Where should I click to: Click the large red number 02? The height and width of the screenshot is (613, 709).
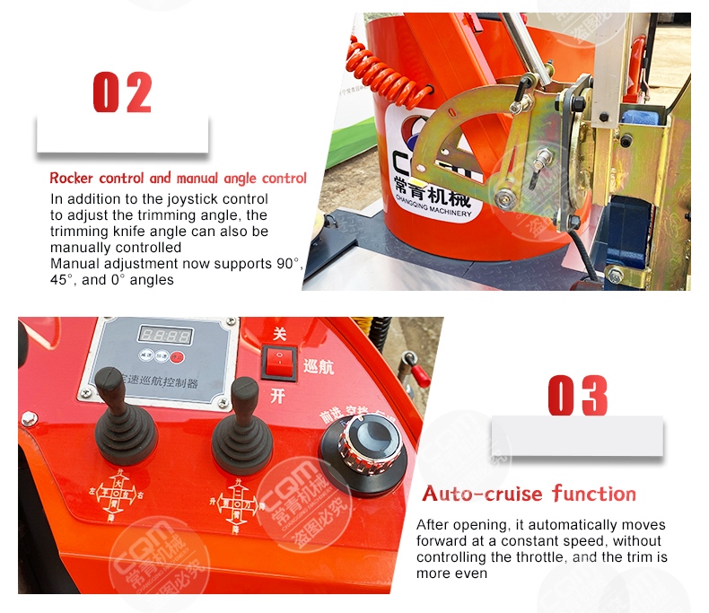coord(122,93)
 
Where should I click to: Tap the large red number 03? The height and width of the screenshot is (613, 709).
coord(578,396)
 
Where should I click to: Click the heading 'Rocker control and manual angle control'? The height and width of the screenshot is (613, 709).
coord(178,179)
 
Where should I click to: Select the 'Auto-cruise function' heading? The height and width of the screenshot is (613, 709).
coord(529,494)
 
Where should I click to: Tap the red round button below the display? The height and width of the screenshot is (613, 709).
coord(178,357)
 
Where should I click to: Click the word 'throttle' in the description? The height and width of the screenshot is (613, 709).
coord(543,557)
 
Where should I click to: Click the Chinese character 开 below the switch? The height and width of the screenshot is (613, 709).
coord(277,396)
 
